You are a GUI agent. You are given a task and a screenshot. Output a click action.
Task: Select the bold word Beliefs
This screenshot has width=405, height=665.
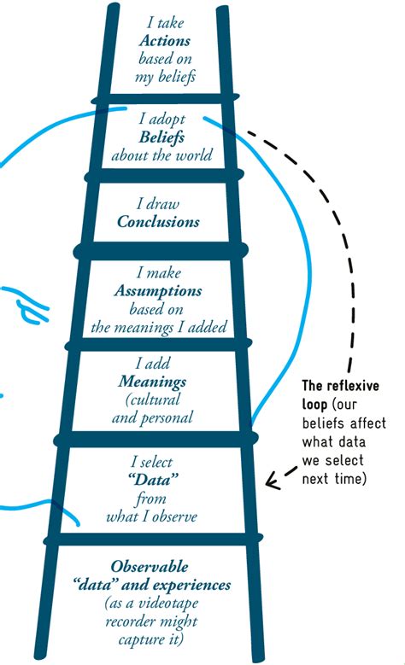(161, 137)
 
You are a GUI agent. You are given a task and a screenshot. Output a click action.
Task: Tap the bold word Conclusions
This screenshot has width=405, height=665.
(159, 222)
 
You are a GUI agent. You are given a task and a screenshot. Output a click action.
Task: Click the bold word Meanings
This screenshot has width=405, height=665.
(153, 382)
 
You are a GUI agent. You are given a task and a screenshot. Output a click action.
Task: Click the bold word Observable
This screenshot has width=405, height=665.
(150, 567)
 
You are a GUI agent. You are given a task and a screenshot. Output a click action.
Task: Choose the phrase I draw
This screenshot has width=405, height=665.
(159, 204)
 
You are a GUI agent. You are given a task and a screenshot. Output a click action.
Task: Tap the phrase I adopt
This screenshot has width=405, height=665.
(161, 120)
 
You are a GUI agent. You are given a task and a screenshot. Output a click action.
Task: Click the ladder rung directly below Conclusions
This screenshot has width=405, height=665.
(161, 251)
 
